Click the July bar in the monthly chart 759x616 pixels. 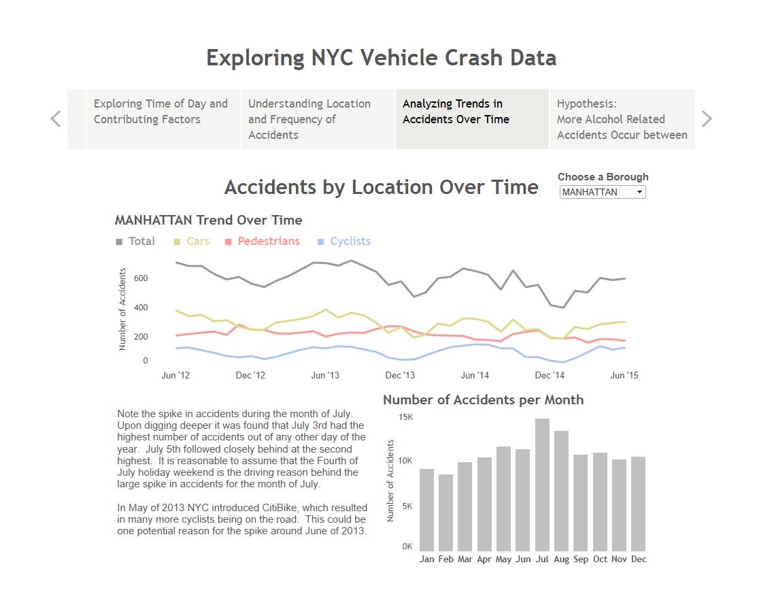pyautogui.click(x=542, y=485)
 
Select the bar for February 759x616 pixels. pyautogui.click(x=445, y=513)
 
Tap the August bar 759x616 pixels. pyautogui.click(x=561, y=491)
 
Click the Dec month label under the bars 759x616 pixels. pyautogui.click(x=639, y=560)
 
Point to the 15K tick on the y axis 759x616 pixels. pyautogui.click(x=405, y=417)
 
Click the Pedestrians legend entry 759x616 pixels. pyautogui.click(x=268, y=242)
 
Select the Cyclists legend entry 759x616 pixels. pyautogui.click(x=350, y=242)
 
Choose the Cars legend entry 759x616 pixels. pyautogui.click(x=197, y=242)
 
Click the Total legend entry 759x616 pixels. pyautogui.click(x=141, y=242)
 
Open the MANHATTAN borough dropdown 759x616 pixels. pyautogui.click(x=603, y=193)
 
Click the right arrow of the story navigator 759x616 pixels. pyautogui.click(x=707, y=119)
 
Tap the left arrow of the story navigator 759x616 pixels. pyautogui.click(x=56, y=119)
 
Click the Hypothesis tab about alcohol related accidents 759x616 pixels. pyautogui.click(x=622, y=119)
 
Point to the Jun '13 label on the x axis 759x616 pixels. pyautogui.click(x=325, y=375)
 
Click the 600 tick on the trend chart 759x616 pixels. pyautogui.click(x=141, y=278)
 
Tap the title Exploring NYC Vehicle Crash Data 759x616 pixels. pyautogui.click(x=381, y=58)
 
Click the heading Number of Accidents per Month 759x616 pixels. pyautogui.click(x=483, y=400)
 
